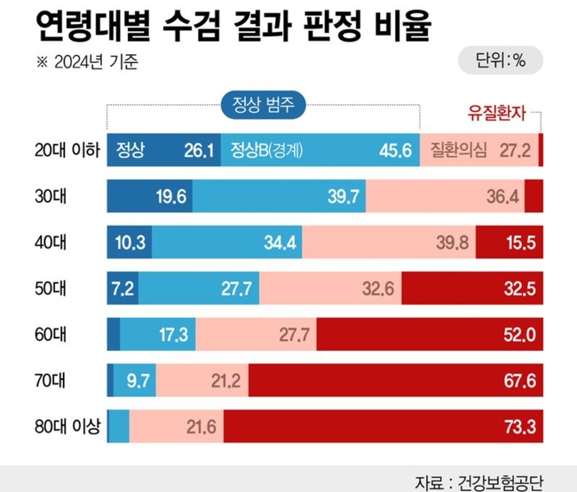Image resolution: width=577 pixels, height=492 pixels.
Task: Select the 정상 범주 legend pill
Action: pos(263,105)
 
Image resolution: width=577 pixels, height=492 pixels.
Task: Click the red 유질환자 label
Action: pos(497,113)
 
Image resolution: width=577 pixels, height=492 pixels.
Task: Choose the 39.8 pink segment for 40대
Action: pos(390,242)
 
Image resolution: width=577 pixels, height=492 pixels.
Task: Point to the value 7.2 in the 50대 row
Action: pos(122,288)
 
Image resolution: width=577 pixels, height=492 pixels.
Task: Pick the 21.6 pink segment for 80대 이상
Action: pos(178,427)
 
